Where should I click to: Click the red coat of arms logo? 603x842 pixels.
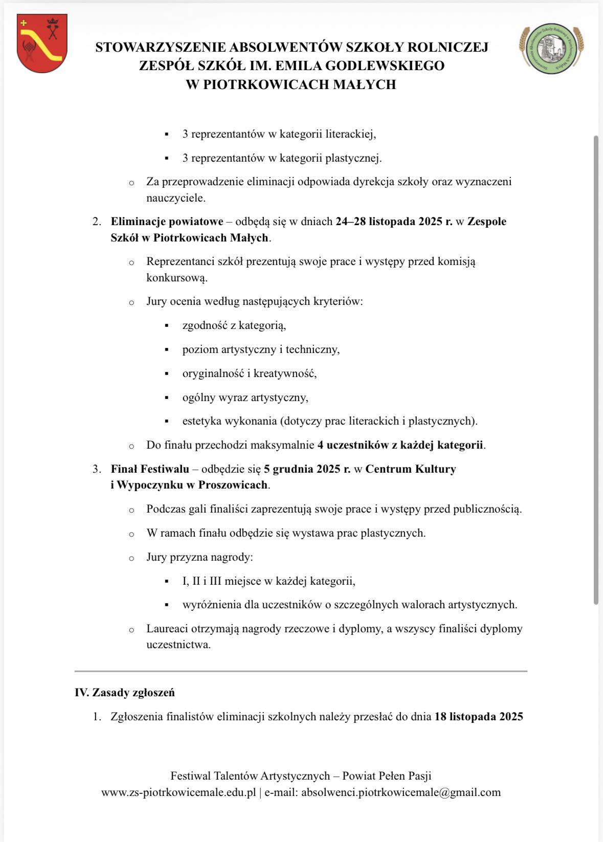(x=42, y=44)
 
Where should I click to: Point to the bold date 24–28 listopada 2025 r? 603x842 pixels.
(x=394, y=222)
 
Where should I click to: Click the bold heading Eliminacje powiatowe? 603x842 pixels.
(x=167, y=222)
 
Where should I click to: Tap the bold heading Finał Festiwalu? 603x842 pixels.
(x=150, y=469)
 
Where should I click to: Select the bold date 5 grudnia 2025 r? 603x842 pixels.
(x=307, y=469)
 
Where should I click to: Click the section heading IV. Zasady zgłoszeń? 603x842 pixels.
(x=125, y=693)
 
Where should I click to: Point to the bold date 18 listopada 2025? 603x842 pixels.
(x=479, y=717)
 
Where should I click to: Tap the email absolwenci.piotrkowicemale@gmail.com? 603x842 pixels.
(x=401, y=792)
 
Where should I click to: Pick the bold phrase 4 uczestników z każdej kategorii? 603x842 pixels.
(x=400, y=445)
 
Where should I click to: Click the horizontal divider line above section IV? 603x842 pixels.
(x=301, y=671)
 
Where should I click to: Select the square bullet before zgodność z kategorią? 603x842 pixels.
(x=167, y=326)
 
